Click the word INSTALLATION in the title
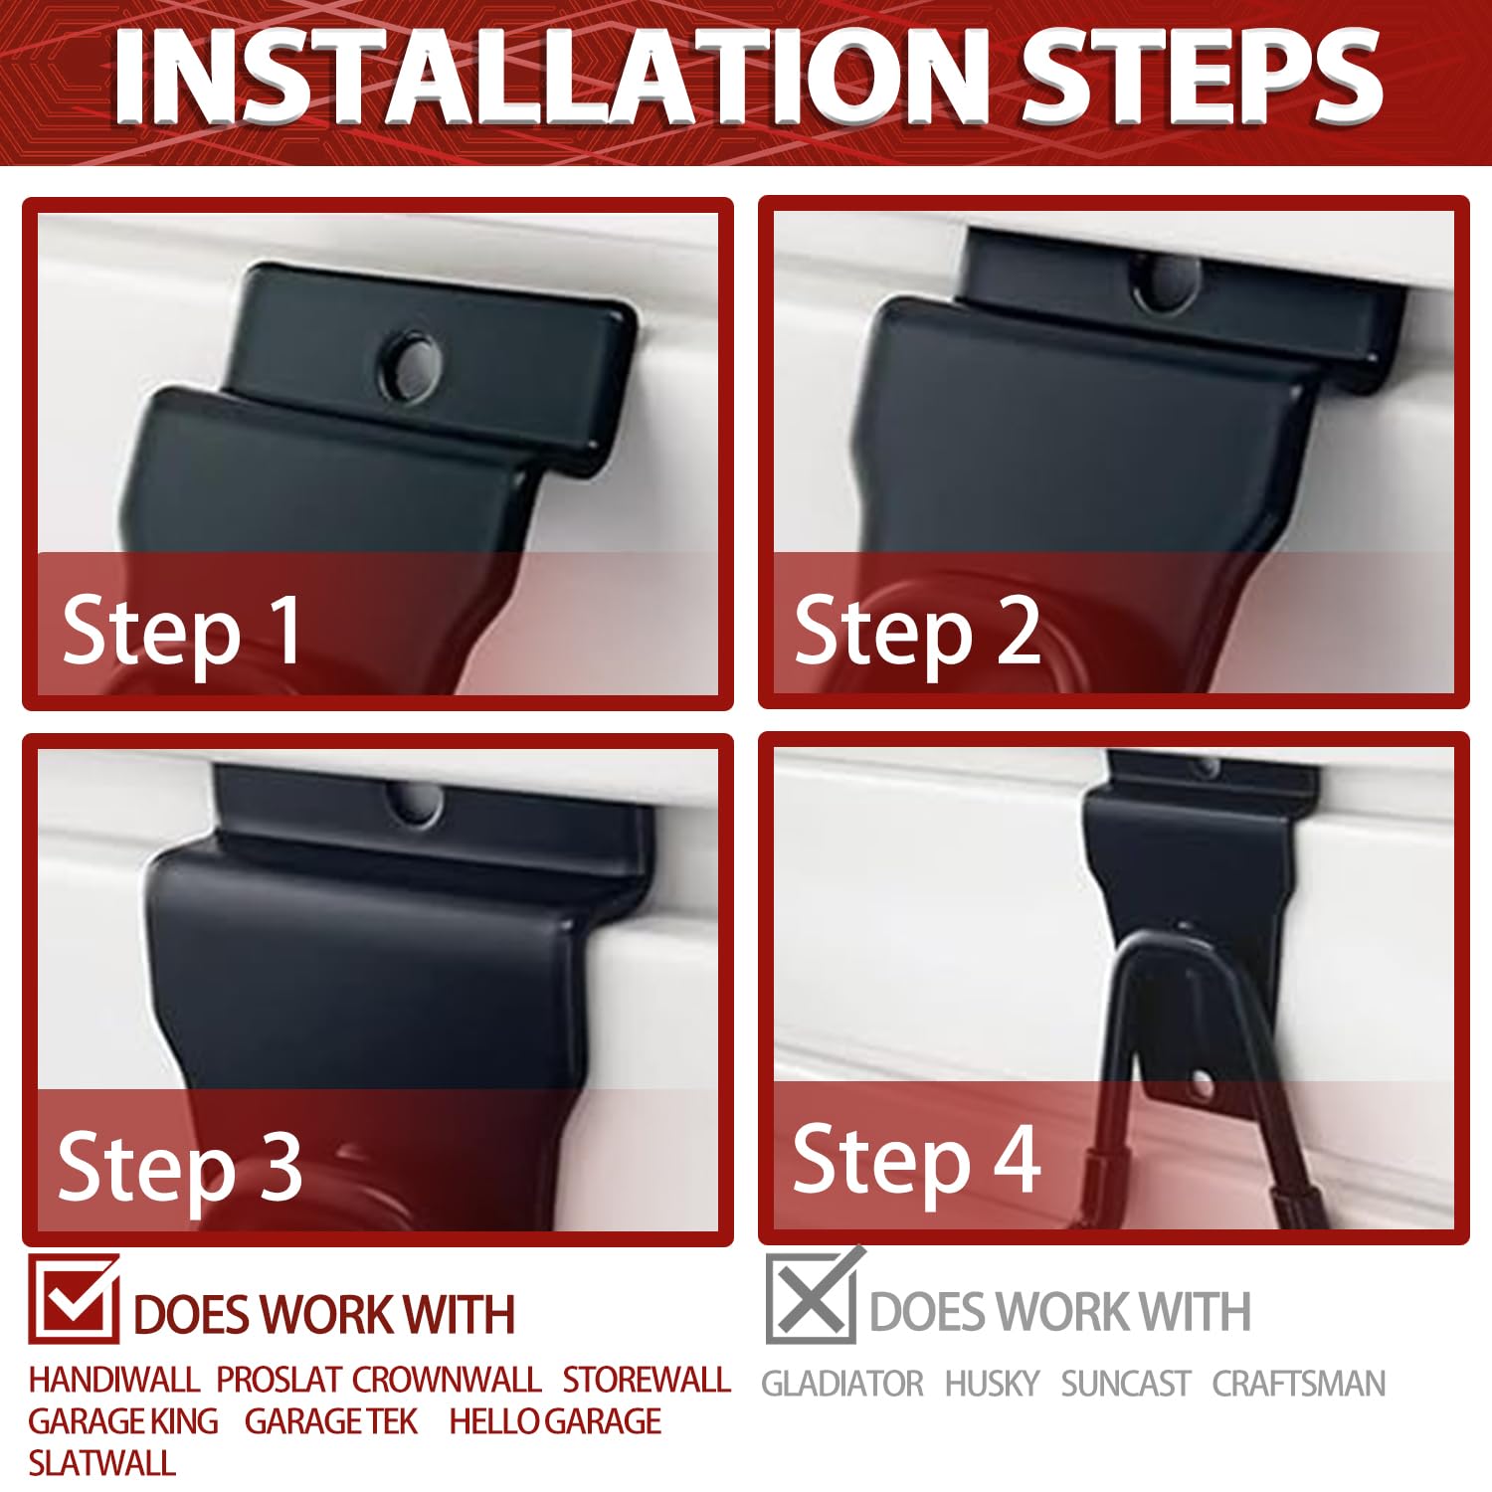(552, 77)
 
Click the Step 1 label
(181, 631)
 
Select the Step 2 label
(916, 631)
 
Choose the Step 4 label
(916, 1160)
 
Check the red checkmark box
(74, 1298)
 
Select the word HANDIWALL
(114, 1380)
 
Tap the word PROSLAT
(280, 1380)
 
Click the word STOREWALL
(647, 1380)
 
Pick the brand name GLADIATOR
(842, 1384)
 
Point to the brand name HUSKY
(992, 1384)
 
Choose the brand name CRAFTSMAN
(1298, 1384)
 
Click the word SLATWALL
(101, 1463)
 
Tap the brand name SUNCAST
(1125, 1384)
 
